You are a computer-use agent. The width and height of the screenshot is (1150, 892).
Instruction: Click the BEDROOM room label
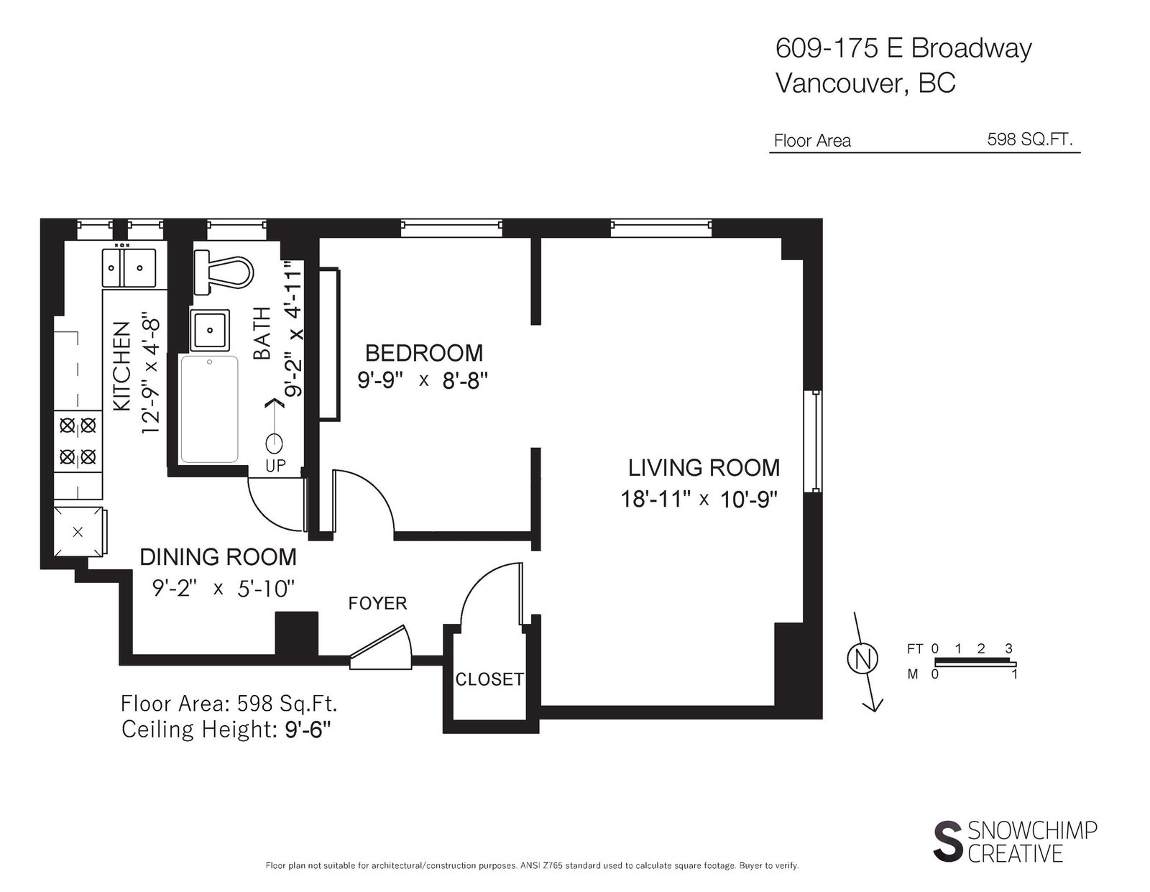[424, 353]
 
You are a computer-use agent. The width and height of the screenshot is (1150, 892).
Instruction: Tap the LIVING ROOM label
[704, 468]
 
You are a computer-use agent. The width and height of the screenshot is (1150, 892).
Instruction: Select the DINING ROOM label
[218, 557]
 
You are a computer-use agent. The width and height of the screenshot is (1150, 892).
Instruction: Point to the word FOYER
[377, 603]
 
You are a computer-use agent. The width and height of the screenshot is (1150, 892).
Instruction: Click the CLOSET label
[489, 679]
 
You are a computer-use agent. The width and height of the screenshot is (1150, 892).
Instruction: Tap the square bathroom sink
[210, 330]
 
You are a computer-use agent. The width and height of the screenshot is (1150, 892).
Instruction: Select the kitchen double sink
[129, 267]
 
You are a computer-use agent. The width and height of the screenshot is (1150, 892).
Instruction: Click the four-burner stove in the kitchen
[78, 441]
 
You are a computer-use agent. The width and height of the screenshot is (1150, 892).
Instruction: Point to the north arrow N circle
[862, 659]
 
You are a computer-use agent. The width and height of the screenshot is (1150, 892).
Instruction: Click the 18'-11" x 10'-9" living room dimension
[699, 499]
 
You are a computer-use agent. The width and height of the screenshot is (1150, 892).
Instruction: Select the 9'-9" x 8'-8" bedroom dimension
[423, 380]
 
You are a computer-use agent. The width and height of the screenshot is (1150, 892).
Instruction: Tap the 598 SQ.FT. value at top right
[1030, 139]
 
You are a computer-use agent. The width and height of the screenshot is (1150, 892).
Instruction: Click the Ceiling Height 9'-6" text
[226, 730]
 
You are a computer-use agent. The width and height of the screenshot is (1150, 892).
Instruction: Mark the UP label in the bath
[275, 466]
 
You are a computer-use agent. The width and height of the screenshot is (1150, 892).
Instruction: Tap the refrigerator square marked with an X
[78, 532]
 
